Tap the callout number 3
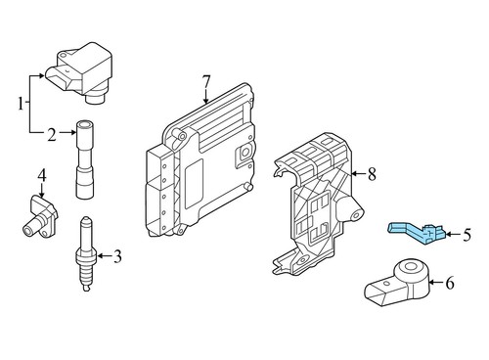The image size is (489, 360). coord(117,258)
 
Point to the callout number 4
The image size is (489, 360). coord(42,177)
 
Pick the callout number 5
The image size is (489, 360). coord(467,235)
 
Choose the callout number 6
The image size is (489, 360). coord(451,284)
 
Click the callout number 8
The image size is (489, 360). coord(371,174)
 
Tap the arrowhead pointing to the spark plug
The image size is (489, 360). coord(99,258)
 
